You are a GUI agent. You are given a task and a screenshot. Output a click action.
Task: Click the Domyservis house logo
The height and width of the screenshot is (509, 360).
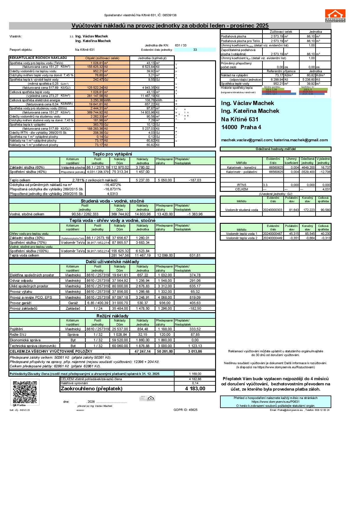point(335,16)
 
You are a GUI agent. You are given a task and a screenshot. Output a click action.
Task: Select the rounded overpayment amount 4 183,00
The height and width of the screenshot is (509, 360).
point(195,389)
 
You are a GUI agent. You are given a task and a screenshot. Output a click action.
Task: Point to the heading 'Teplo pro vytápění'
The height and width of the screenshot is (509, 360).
point(112,154)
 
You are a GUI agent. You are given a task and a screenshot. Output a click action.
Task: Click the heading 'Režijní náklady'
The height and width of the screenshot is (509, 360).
point(112,316)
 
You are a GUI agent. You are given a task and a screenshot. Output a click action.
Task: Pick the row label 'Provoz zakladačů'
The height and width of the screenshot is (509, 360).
point(24,308)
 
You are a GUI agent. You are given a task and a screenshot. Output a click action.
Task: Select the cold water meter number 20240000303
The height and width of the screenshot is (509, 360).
point(273,210)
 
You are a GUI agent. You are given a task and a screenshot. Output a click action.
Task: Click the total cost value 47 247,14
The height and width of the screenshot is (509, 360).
point(143,351)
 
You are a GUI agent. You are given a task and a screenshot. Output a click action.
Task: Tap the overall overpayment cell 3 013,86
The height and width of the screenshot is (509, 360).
point(195,351)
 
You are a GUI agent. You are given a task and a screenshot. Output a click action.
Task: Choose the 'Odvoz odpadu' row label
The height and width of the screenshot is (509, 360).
point(21,281)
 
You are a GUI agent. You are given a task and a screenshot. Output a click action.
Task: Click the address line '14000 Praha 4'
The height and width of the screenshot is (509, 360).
point(241,127)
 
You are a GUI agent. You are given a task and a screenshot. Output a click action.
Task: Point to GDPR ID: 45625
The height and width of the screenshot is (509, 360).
point(186,410)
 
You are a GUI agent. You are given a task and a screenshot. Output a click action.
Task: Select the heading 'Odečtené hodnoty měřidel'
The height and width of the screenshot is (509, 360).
point(276,149)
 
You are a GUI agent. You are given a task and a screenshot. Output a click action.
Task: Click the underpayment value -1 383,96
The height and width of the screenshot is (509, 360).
point(195,214)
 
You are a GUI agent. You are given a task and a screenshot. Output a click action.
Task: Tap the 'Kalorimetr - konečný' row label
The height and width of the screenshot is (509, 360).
point(242,167)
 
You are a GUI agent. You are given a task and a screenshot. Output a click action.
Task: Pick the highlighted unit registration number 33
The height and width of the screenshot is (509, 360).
point(195,50)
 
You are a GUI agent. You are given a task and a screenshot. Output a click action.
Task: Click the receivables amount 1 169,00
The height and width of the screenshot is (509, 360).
point(195,374)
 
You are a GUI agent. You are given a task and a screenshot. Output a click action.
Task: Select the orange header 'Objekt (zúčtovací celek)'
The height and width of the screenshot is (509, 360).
point(102,58)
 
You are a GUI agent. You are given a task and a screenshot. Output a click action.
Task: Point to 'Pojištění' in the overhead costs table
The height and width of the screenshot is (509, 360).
point(16,329)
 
